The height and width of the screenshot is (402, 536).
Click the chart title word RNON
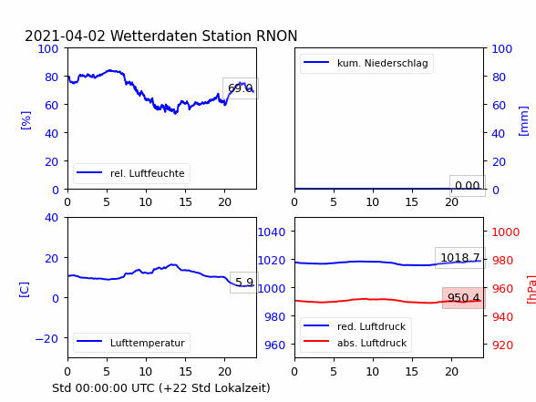pyautogui.click(x=276, y=36)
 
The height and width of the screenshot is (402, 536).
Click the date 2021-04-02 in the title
pyautogui.click(x=66, y=36)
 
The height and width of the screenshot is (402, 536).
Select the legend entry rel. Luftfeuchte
pyautogui.click(x=131, y=173)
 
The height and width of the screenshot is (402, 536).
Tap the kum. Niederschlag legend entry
pyautogui.click(x=366, y=63)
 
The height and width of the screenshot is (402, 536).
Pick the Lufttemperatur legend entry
pyautogui.click(x=131, y=343)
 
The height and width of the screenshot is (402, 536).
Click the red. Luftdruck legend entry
pyautogui.click(x=356, y=326)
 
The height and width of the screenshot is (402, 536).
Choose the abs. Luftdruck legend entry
pyautogui.click(x=356, y=343)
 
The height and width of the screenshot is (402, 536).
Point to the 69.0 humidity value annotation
pyautogui.click(x=241, y=88)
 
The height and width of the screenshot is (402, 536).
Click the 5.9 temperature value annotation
pyautogui.click(x=244, y=283)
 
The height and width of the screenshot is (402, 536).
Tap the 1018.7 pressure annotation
pyautogui.click(x=460, y=257)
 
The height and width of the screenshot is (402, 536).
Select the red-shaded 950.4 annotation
pyautogui.click(x=463, y=298)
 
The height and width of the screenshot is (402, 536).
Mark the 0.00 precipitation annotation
pyautogui.click(x=468, y=186)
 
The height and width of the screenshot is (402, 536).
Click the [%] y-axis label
pyautogui.click(x=26, y=120)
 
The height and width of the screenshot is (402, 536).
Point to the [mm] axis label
pyautogui.click(x=523, y=121)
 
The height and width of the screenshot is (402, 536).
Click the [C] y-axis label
pyautogui.click(x=25, y=290)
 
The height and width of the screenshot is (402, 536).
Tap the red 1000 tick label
pyautogui.click(x=506, y=232)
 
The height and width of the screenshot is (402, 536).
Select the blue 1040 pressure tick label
pyautogui.click(x=272, y=232)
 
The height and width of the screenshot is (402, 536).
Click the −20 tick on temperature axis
pyautogui.click(x=46, y=338)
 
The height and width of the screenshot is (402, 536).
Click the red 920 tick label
pyautogui.click(x=502, y=345)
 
